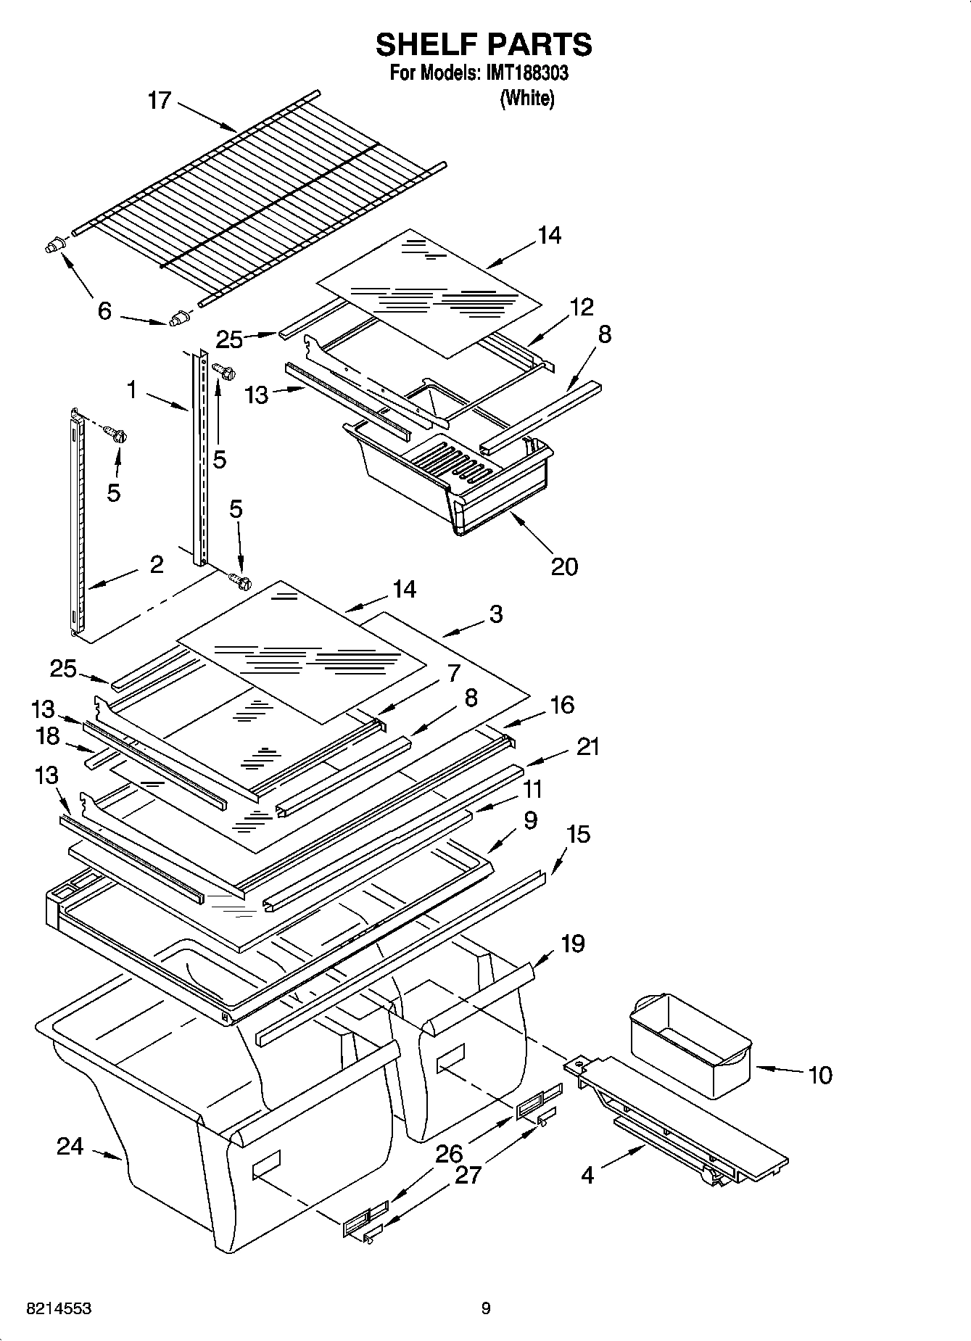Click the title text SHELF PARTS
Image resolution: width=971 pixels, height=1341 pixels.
[484, 45]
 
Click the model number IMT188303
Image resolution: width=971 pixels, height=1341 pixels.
[524, 73]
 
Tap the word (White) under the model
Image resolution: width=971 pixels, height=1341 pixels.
[527, 98]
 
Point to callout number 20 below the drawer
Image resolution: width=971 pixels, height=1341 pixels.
[565, 566]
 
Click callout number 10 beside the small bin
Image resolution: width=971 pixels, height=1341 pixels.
[819, 1075]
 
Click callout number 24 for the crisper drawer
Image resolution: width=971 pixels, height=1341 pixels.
[70, 1147]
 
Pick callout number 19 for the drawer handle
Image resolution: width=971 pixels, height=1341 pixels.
[572, 944]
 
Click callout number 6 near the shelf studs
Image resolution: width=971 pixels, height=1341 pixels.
[104, 311]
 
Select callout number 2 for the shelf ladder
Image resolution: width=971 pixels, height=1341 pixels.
[157, 564]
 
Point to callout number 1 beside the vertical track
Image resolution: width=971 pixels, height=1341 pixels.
[131, 390]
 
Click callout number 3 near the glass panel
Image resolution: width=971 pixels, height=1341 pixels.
[495, 614]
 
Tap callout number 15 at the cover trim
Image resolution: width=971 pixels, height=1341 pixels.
[578, 834]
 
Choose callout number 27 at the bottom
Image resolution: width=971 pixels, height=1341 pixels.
[468, 1175]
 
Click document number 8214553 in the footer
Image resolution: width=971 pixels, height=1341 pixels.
[58, 1308]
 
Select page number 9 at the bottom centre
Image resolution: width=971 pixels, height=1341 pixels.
[486, 1308]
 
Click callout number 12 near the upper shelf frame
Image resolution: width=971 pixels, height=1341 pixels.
[582, 307]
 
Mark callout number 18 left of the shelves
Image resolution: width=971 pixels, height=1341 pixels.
[48, 735]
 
